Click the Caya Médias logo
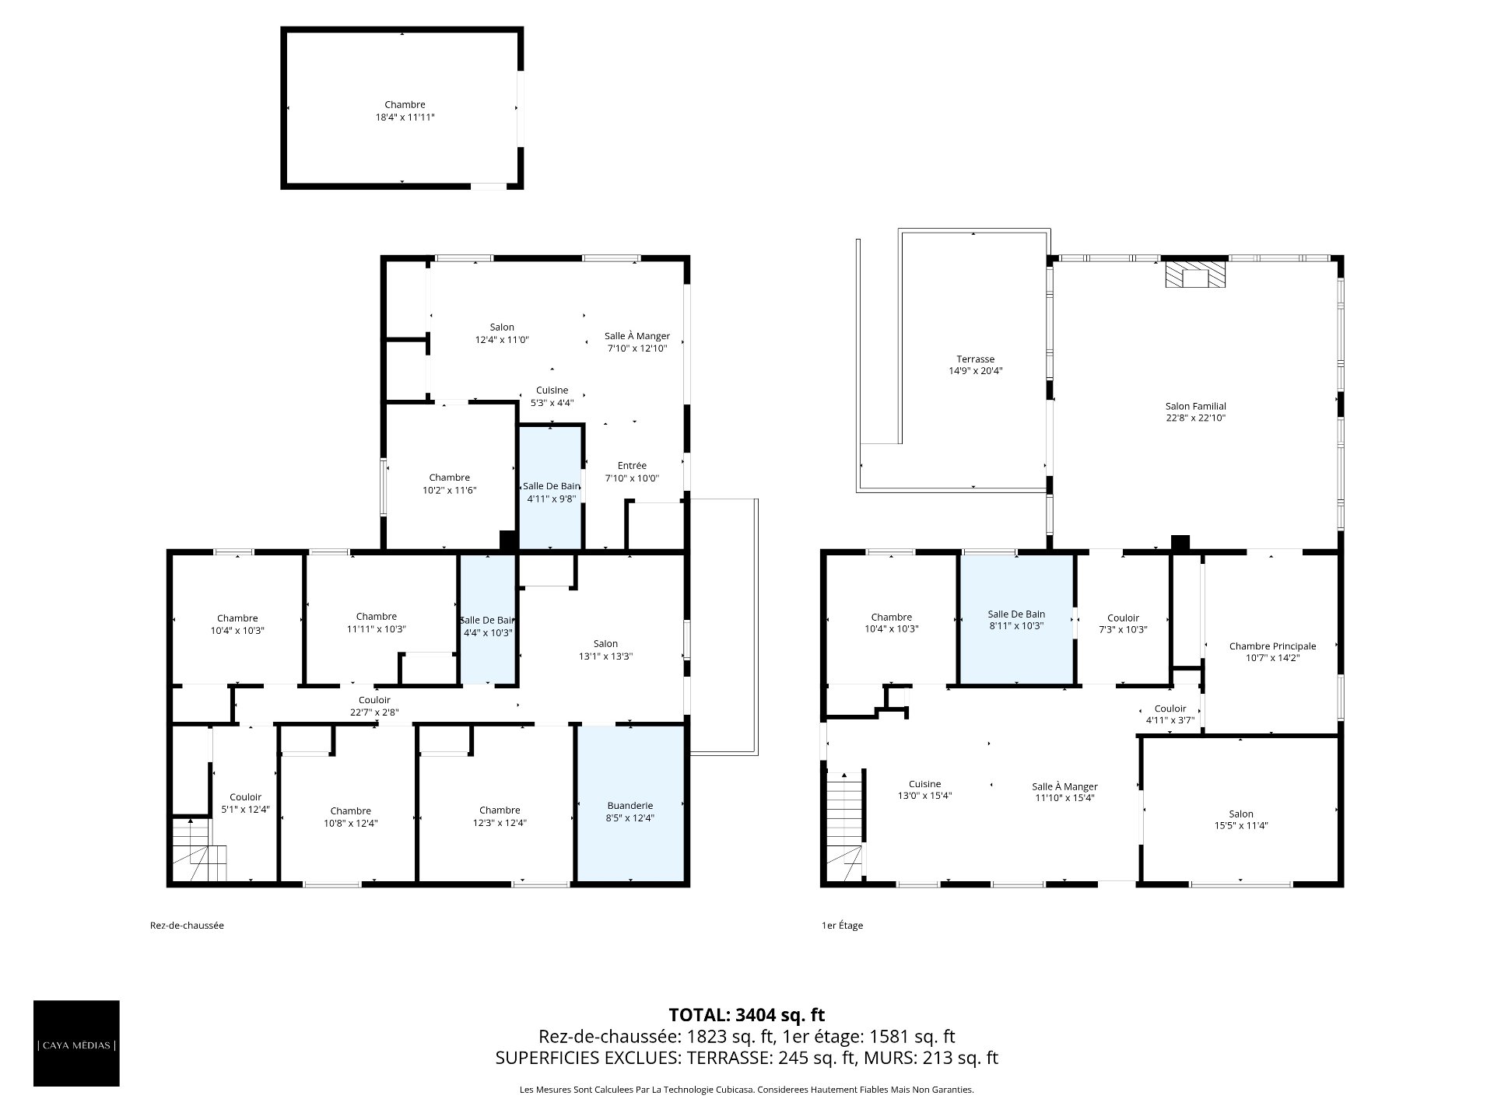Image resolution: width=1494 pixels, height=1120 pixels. (76, 1043)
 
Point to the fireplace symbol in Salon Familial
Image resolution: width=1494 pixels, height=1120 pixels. (1194, 275)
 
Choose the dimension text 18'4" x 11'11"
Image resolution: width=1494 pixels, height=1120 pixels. (405, 117)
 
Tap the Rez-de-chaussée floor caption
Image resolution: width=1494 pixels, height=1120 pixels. (187, 926)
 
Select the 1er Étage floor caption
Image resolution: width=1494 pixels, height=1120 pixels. (843, 926)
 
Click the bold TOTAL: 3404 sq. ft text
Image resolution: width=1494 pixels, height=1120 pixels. (747, 1015)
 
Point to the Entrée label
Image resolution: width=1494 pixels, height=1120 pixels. (632, 466)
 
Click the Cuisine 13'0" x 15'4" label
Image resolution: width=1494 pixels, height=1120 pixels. (925, 790)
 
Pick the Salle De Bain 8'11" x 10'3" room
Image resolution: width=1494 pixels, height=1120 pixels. (1017, 620)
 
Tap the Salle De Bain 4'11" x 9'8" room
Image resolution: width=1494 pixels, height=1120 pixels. (551, 487)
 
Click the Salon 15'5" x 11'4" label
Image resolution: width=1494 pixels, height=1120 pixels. (1241, 820)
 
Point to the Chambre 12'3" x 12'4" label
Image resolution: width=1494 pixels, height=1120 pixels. (500, 817)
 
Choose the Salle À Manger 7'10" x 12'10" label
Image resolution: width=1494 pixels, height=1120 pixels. (637, 342)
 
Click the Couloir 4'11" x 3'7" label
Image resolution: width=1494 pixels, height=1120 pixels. (1170, 714)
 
